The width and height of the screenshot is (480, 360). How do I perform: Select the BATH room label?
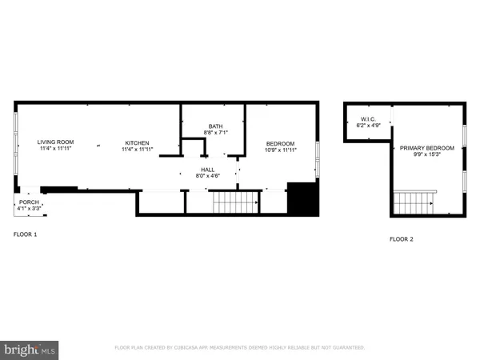(x=215, y=126)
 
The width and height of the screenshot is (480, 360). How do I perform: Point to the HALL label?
(x=206, y=170)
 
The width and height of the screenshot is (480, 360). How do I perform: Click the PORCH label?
(x=29, y=203)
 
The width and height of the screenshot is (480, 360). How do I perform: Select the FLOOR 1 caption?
(x=25, y=234)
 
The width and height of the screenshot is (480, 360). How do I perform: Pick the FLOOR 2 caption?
(x=402, y=239)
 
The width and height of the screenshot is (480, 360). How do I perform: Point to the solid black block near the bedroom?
(x=302, y=198)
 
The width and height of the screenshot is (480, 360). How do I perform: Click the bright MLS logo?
(x=30, y=349)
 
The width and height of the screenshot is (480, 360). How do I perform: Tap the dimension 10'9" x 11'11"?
(x=280, y=150)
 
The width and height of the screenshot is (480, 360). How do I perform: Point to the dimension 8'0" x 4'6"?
(x=206, y=176)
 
